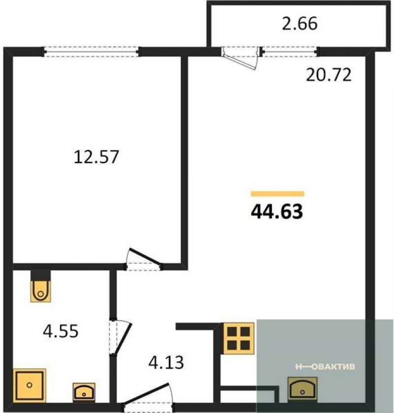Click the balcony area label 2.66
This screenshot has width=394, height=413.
point(299,24)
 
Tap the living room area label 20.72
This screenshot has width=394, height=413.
point(328,75)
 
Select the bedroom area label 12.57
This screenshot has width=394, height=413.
point(97,157)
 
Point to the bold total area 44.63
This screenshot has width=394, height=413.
point(277,212)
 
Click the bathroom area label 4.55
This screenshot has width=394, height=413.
point(61,331)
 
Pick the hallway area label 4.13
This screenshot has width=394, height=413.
point(166,363)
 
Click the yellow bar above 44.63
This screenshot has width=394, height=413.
point(277,194)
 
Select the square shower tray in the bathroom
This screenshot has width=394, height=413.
point(29,385)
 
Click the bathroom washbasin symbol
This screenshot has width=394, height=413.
point(84,392)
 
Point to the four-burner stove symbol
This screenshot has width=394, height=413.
point(238,338)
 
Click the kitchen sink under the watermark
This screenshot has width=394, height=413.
point(302,390)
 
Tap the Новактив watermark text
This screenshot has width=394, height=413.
point(325,367)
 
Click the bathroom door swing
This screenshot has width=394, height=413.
point(120,337)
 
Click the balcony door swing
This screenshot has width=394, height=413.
point(240,58)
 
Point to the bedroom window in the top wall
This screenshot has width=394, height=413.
point(91,52)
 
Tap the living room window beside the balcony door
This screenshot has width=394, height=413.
point(290,52)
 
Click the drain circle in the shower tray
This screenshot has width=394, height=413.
point(29,385)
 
